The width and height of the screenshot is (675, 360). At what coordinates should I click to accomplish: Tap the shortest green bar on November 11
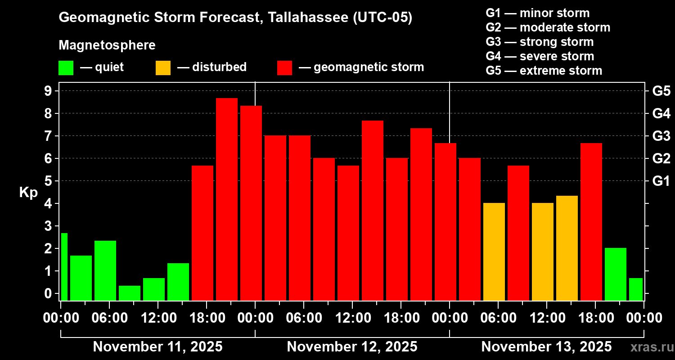click(129, 293)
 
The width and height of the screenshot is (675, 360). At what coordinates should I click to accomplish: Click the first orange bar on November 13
click(494, 252)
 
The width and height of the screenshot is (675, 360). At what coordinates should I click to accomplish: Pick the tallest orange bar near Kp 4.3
click(567, 248)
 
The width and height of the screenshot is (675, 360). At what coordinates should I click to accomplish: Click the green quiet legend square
click(66, 68)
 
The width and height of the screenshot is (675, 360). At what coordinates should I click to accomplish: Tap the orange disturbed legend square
click(163, 68)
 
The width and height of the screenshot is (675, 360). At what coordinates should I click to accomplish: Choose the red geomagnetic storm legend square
click(284, 68)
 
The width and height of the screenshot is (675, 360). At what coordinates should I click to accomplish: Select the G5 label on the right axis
click(661, 91)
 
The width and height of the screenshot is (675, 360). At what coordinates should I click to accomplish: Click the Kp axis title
click(28, 192)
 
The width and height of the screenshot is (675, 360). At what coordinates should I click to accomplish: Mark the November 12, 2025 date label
click(352, 347)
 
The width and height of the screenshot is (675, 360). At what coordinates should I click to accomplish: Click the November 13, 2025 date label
click(546, 347)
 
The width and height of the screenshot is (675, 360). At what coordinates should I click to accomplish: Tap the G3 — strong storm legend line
click(540, 42)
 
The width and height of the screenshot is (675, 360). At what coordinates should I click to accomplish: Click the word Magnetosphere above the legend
click(107, 45)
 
